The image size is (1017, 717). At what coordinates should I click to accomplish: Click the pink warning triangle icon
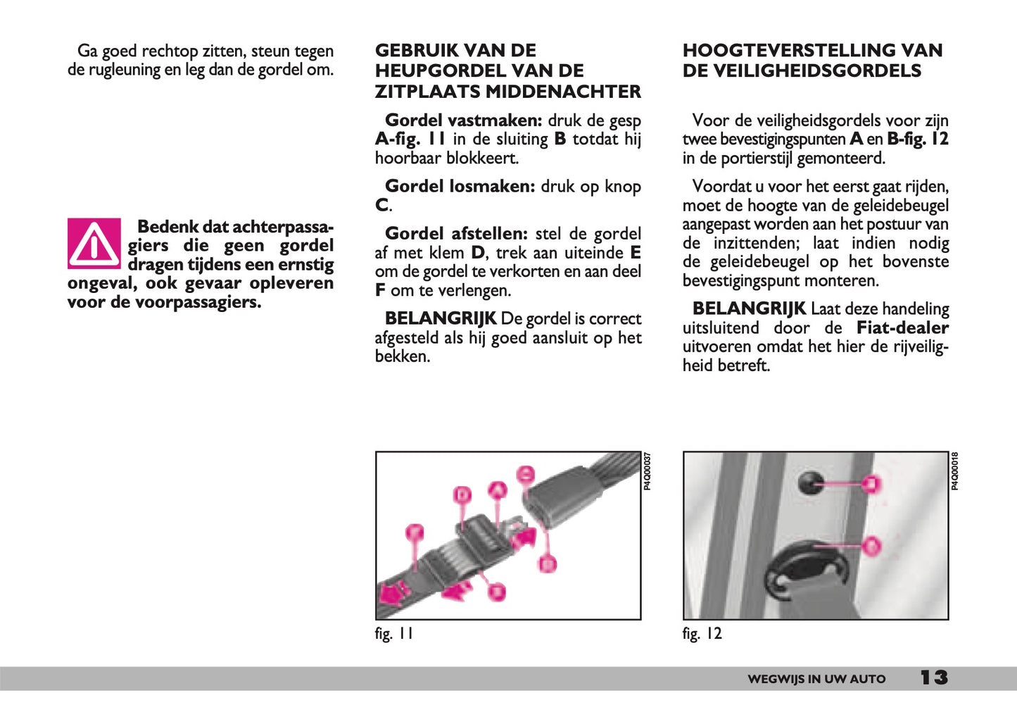(x=94, y=243)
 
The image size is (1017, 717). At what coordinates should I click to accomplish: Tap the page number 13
(x=934, y=678)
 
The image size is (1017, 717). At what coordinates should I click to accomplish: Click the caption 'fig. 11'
(x=393, y=634)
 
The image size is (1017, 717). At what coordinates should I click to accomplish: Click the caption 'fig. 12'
(x=702, y=634)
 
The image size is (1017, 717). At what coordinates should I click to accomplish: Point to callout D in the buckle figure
(x=462, y=495)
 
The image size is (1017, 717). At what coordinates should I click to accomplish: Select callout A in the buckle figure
(x=498, y=489)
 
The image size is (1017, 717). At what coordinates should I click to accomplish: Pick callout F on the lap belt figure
(x=415, y=532)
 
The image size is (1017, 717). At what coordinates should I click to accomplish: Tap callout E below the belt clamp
(x=497, y=591)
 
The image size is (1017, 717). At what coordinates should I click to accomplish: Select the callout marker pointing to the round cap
(x=872, y=483)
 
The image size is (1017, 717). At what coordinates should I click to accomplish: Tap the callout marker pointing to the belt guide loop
(x=871, y=544)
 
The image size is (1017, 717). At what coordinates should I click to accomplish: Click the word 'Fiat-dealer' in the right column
(x=902, y=328)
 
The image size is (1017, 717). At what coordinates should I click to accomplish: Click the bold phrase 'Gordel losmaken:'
(x=460, y=187)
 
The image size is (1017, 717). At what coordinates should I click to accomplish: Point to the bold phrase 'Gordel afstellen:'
(x=456, y=234)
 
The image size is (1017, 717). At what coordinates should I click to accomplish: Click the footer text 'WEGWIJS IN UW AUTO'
(x=816, y=679)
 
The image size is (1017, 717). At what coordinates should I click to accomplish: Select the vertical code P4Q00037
(x=648, y=471)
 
